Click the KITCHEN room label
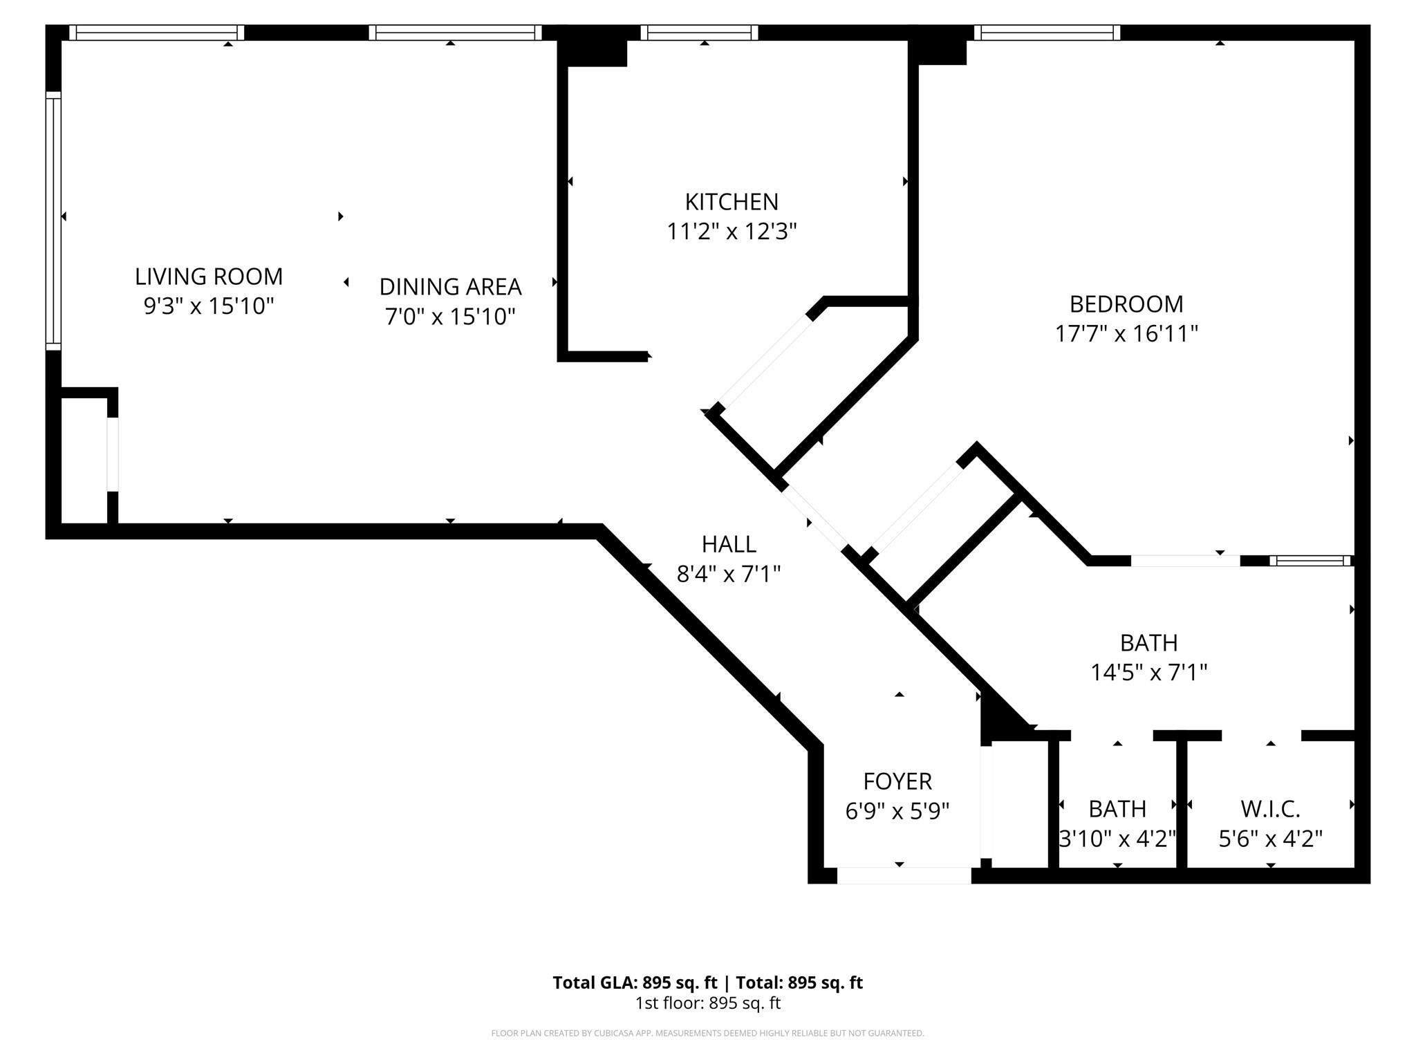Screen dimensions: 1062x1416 732,202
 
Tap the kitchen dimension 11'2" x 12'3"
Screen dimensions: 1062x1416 732,232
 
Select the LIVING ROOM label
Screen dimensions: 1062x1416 209,277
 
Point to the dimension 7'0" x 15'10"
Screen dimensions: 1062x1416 450,317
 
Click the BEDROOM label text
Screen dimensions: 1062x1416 1126,304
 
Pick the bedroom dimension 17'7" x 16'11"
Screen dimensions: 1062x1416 1126,334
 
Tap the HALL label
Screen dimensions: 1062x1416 729,545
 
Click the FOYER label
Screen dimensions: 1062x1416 897,781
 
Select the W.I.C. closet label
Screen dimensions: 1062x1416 1270,808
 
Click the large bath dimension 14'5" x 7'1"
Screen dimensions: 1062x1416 1148,672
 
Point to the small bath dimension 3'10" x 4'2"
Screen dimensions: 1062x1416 1117,839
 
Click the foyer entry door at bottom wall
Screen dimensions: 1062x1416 904,875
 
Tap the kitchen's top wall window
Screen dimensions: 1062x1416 699,32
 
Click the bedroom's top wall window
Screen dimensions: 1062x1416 1047,32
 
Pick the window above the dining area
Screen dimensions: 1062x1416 455,32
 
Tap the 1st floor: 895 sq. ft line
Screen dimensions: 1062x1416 707,1003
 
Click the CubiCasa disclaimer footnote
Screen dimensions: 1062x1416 707,1034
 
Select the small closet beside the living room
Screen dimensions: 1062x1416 84,460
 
